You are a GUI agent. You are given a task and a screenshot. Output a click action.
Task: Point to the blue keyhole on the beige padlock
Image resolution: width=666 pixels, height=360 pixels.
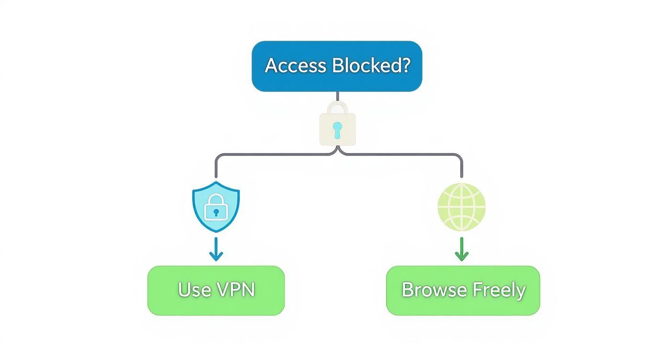(337, 130)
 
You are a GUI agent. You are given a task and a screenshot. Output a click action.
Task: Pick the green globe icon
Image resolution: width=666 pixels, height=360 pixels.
(461, 206)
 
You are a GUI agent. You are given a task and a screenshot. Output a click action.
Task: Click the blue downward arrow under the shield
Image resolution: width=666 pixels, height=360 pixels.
(216, 249)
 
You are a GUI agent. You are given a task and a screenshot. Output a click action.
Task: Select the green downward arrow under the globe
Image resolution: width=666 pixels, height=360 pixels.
(461, 249)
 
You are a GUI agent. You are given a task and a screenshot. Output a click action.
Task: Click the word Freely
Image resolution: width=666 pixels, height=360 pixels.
(499, 290)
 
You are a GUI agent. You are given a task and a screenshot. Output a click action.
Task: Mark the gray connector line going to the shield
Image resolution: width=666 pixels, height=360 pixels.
(268, 155)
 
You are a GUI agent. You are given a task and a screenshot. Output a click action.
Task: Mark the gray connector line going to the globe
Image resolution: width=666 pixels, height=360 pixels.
(407, 155)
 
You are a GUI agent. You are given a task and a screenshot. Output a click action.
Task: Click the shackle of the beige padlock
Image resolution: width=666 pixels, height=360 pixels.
(337, 107)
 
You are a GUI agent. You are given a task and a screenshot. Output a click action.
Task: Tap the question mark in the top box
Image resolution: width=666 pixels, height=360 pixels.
(406, 65)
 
